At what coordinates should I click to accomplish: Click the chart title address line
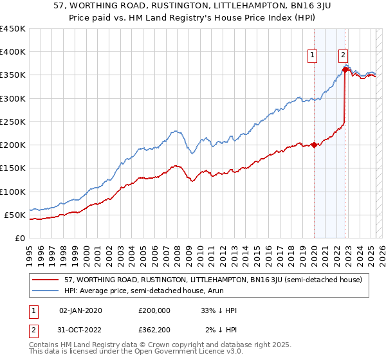[192, 6]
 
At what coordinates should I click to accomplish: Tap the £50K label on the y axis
[15, 215]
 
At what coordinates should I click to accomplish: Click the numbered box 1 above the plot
[312, 56]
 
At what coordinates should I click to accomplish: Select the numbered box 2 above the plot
[344, 56]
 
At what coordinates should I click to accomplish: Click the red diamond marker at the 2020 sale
[314, 145]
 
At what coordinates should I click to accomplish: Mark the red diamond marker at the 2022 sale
[345, 70]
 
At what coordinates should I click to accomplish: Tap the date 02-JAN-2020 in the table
[80, 310]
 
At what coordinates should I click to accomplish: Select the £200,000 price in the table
[154, 310]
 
